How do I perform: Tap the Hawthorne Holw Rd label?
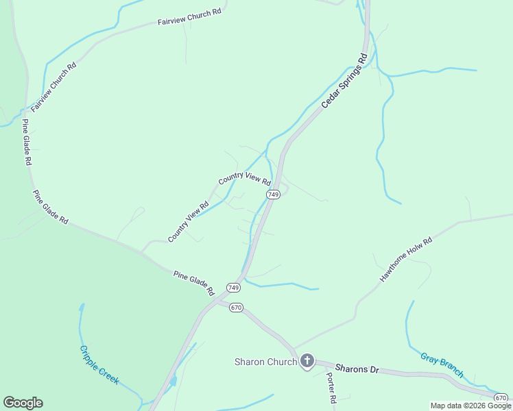[407, 260]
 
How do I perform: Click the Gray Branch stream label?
[442, 365]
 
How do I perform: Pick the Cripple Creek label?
[99, 365]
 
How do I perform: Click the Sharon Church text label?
[265, 362]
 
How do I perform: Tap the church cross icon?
[307, 361]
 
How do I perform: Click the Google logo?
[23, 402]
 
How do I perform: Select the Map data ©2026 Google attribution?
[470, 406]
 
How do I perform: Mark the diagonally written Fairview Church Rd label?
[53, 87]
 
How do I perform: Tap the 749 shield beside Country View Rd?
[273, 195]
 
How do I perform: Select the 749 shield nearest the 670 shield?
[233, 287]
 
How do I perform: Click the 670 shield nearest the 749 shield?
[236, 307]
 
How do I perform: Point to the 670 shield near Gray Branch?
[501, 397]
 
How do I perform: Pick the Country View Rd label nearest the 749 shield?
[245, 179]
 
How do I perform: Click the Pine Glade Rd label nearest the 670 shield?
[194, 283]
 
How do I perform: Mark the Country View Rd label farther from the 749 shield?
[188, 222]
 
